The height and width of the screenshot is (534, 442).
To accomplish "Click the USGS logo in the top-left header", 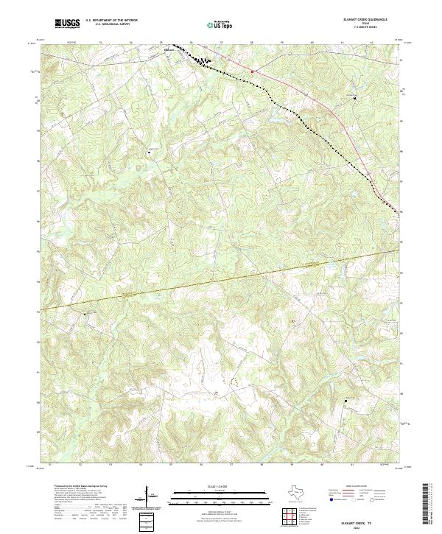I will tap(68, 24).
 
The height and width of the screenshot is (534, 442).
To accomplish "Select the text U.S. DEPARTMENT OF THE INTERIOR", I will tap(111, 21).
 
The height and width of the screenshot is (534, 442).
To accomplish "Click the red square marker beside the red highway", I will tap(252, 71).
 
